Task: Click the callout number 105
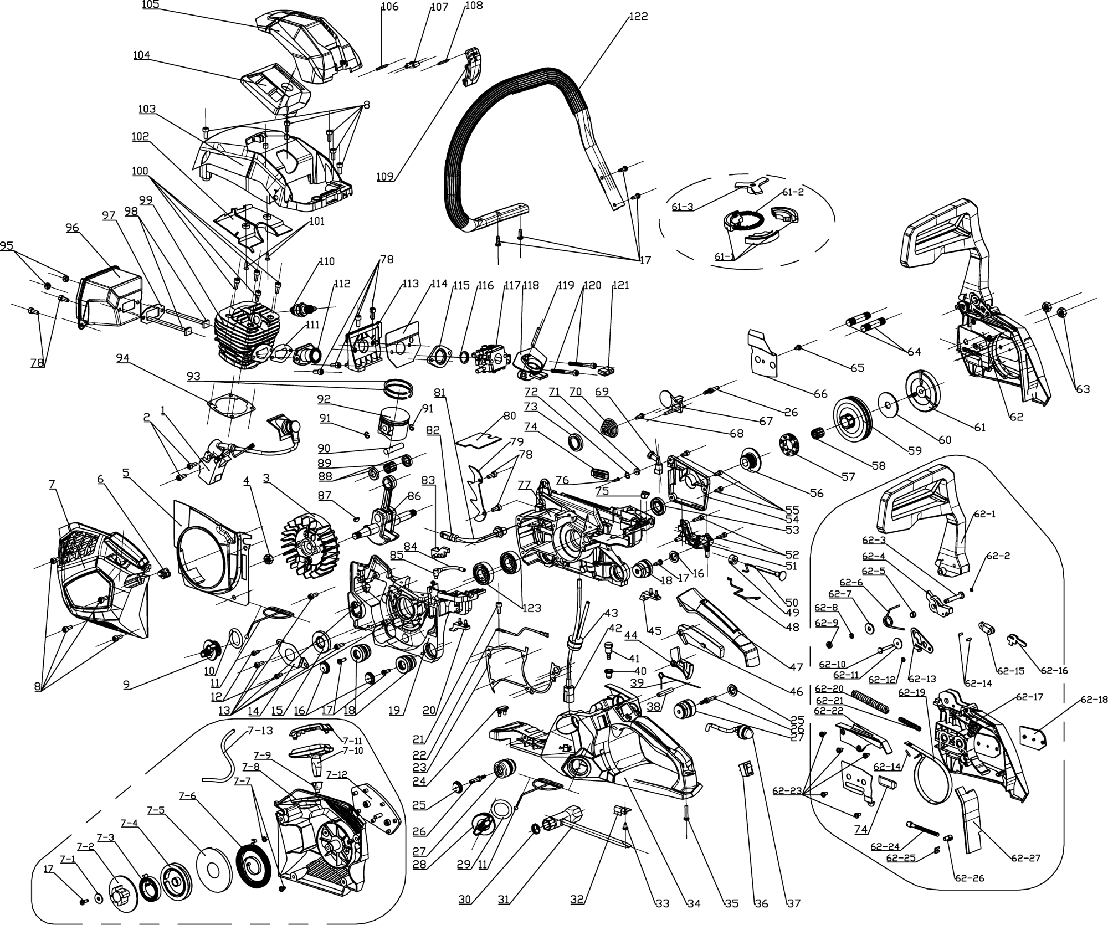tap(151, 5)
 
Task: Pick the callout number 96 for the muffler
tap(72, 228)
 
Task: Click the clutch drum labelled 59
tap(853, 419)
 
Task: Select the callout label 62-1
tap(983, 514)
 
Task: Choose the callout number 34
tap(693, 903)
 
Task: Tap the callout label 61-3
tap(682, 207)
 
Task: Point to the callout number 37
tap(793, 903)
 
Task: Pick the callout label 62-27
tap(1025, 858)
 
